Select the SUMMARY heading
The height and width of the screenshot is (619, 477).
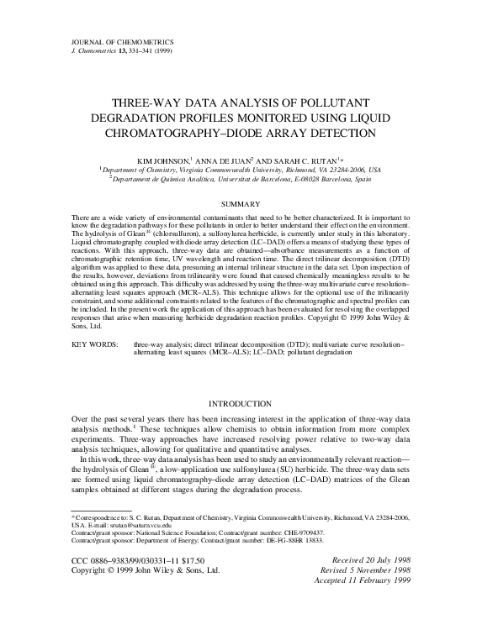pos(238,203)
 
